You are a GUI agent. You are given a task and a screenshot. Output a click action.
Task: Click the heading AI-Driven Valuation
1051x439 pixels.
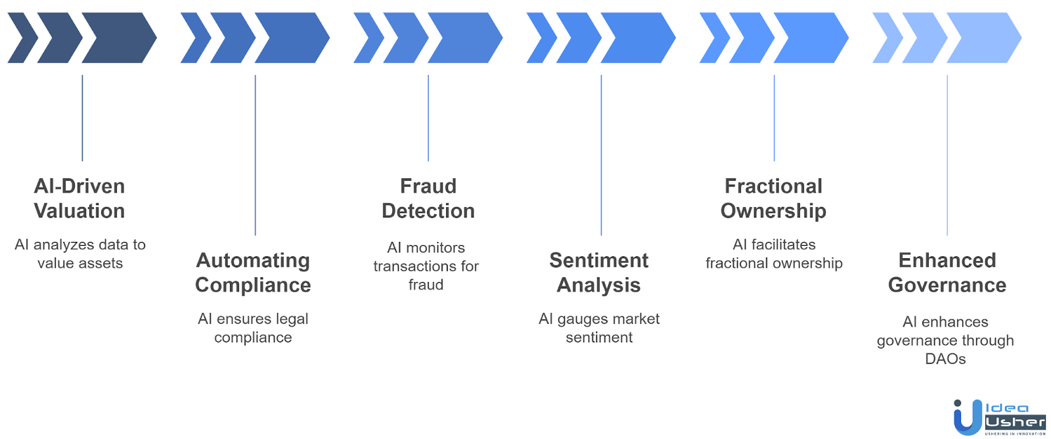coord(79,198)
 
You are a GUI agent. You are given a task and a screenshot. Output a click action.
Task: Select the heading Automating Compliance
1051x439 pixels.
coord(253,272)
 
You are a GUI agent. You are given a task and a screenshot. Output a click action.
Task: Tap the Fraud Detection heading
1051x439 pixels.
coord(428,198)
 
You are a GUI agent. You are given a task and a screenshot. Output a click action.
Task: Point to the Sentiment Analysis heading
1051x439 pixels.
coord(598,272)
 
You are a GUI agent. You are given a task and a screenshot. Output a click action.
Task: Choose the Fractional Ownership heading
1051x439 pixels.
coord(773,198)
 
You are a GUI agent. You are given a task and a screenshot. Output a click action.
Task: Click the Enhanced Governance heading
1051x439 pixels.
coord(947,272)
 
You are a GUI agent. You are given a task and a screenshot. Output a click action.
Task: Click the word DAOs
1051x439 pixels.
coord(945,359)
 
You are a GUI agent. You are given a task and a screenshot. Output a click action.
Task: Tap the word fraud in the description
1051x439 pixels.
coord(426,285)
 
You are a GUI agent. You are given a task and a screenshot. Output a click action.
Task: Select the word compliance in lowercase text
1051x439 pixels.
coord(253,338)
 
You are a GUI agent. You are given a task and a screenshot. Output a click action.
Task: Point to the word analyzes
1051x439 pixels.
coord(71,244)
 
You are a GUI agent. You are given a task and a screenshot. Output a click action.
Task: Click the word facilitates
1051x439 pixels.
coord(783,244)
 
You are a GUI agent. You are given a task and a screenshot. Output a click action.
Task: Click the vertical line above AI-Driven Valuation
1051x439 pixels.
coord(82,118)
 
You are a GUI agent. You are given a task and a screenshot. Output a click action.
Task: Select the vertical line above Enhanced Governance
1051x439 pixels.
coord(947,155)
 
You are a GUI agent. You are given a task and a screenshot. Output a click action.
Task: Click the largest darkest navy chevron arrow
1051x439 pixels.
coord(119,37)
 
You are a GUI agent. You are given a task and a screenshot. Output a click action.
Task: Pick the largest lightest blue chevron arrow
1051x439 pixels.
coord(984,37)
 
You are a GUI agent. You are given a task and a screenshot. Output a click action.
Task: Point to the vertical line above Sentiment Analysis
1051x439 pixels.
coord(601,155)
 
